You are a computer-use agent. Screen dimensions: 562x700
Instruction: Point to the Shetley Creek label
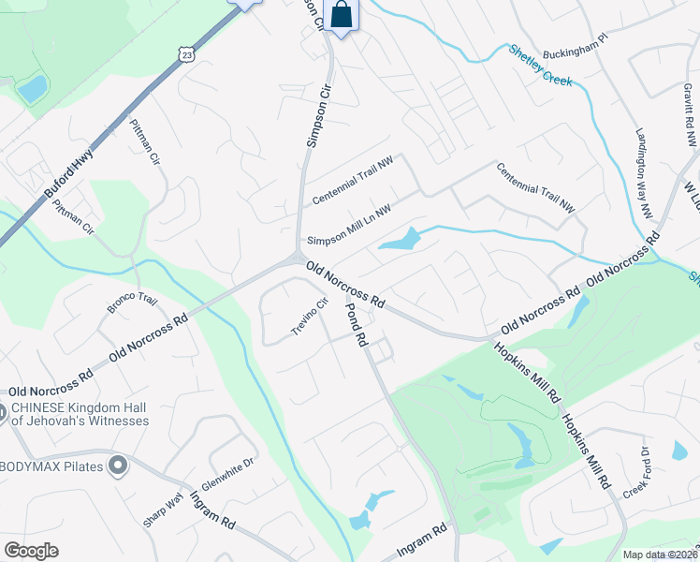pos(540,66)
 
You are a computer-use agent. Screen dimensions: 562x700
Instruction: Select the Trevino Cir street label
pos(311,317)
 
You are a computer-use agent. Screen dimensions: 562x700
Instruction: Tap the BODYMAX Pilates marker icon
pos(117,465)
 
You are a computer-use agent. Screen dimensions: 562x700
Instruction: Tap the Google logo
pos(31,551)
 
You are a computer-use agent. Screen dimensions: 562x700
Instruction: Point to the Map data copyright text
pos(660,555)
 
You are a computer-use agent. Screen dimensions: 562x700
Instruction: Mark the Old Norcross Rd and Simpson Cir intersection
pos(297,261)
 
